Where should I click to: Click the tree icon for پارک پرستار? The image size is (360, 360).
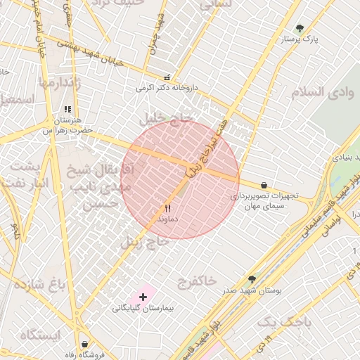300,29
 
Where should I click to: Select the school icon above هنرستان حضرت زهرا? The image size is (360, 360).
67,110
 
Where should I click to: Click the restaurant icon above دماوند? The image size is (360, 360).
167,208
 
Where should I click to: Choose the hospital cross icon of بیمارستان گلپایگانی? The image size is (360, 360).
143,297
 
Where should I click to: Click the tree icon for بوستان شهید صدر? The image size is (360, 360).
252,279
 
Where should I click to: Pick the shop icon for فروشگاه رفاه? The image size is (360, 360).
85,344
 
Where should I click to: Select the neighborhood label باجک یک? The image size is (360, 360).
283,322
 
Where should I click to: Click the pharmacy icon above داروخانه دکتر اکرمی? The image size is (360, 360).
167,77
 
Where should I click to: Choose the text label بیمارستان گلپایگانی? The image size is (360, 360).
143,309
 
